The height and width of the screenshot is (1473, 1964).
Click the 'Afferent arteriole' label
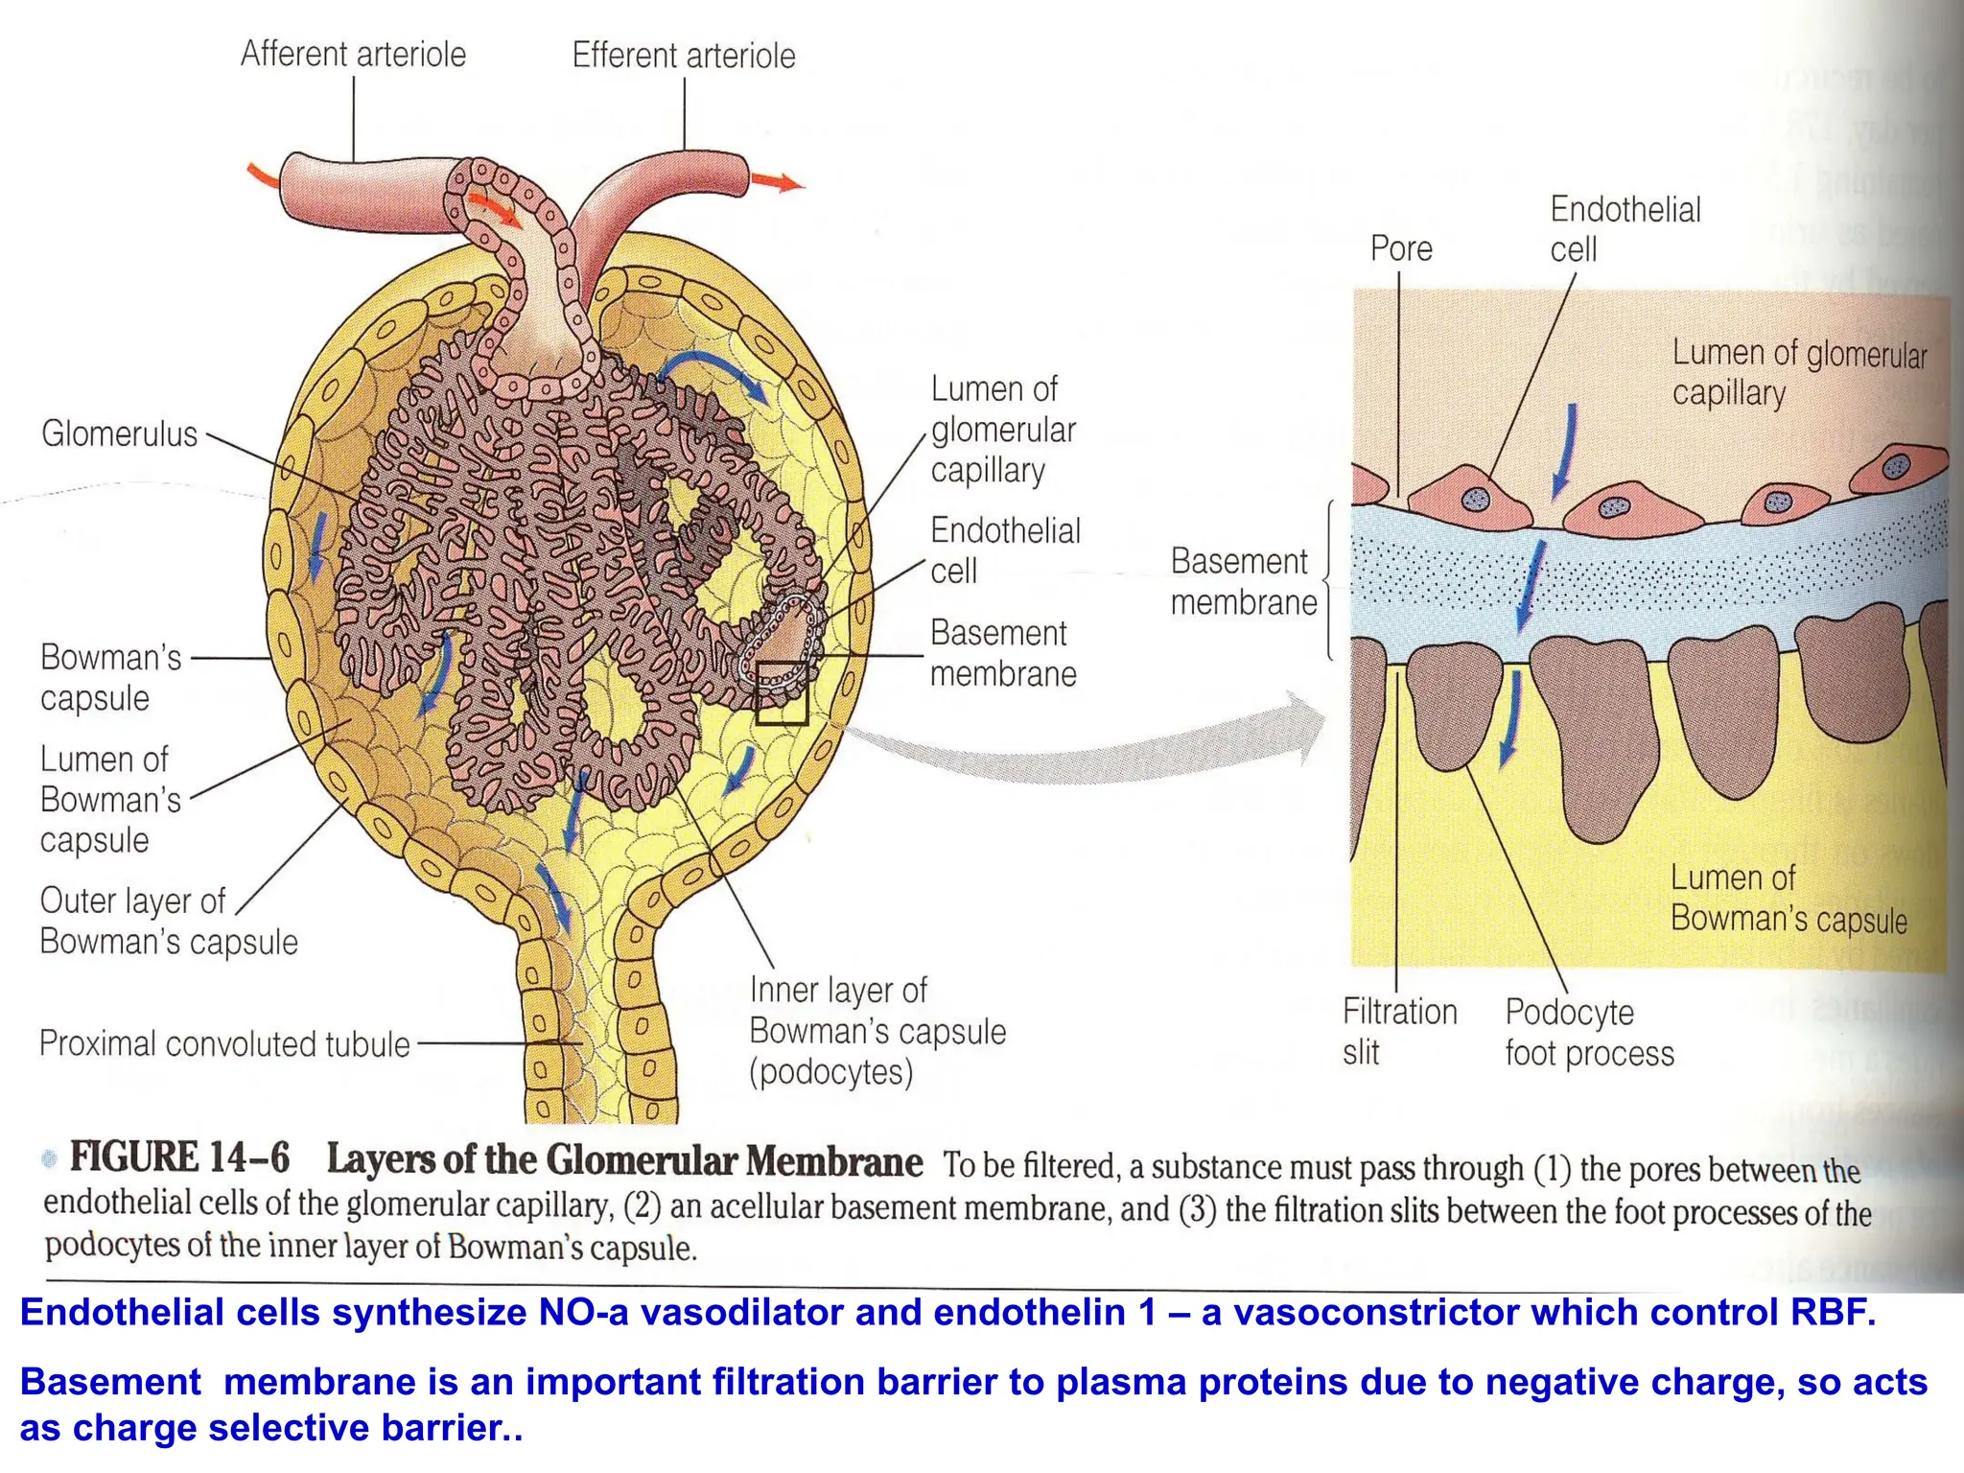pyautogui.click(x=353, y=55)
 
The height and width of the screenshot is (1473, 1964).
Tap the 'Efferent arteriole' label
pyautogui.click(x=684, y=56)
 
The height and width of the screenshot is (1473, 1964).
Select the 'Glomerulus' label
pyautogui.click(x=119, y=434)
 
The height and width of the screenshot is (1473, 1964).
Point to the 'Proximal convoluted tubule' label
pyautogui.click(x=224, y=1043)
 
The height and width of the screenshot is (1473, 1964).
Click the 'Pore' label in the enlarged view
pyautogui.click(x=1401, y=249)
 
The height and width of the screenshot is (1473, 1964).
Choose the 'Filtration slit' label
pyautogui.click(x=1398, y=1032)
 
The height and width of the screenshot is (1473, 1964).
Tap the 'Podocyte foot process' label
pyautogui.click(x=1589, y=1033)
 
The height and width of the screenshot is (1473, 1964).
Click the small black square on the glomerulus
pyautogui.click(x=782, y=692)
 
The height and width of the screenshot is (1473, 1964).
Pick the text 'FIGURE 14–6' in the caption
pyautogui.click(x=179, y=1157)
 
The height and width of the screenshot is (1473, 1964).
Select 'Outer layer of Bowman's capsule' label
pyautogui.click(x=168, y=922)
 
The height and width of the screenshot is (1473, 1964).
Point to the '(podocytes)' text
pyautogui.click(x=830, y=1072)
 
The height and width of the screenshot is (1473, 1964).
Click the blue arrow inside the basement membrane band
pyautogui.click(x=1529, y=585)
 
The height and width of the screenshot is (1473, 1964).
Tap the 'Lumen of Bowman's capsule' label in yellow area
pyautogui.click(x=1788, y=899)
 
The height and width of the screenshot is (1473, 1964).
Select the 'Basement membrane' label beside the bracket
pyautogui.click(x=1243, y=581)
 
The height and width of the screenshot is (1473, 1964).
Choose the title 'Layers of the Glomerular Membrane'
pyautogui.click(x=624, y=1160)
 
